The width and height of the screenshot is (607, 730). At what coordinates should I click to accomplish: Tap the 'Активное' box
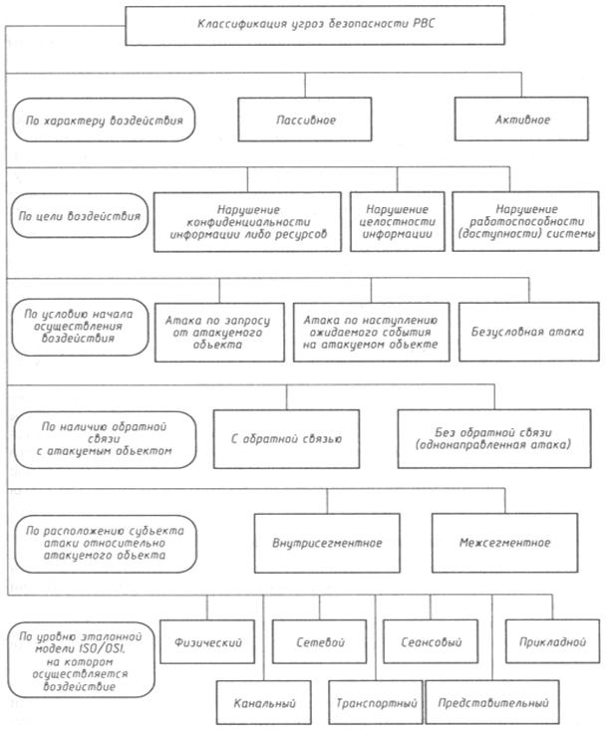click(521, 121)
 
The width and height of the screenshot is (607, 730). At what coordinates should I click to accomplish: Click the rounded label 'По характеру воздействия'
click(104, 122)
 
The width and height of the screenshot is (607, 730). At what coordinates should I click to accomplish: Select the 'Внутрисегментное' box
click(328, 544)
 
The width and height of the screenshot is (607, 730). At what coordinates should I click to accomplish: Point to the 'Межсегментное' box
click(506, 544)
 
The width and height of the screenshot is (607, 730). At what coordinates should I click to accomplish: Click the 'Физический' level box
click(208, 641)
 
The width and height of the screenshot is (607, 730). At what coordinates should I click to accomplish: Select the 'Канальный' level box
click(263, 702)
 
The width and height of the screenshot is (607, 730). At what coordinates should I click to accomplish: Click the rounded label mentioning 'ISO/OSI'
click(85, 658)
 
